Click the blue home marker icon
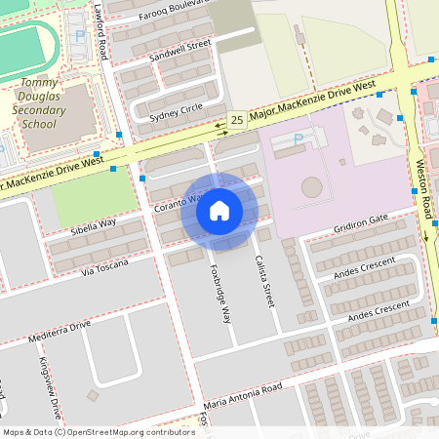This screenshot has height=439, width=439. (x=219, y=210)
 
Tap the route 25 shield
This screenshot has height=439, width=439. (x=237, y=120)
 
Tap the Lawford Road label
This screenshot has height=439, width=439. (x=100, y=31)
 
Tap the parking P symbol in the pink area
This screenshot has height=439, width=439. (x=299, y=140)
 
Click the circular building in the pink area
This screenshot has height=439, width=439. (x=311, y=185)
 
